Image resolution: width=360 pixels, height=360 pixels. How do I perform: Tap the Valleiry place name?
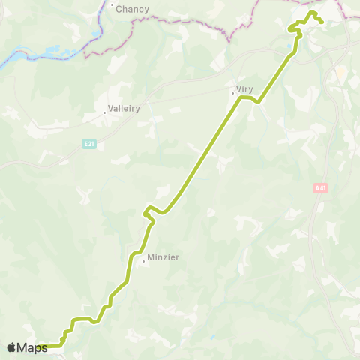[124, 108]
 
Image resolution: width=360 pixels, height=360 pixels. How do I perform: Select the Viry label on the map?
[244, 88]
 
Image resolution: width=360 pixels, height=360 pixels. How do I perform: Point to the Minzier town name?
[163, 256]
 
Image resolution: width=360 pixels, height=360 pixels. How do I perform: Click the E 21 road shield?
[88, 142]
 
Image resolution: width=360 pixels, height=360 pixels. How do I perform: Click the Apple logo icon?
[11, 347]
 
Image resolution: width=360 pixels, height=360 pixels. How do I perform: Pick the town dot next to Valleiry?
[104, 113]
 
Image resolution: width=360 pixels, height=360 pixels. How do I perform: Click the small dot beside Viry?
[232, 94]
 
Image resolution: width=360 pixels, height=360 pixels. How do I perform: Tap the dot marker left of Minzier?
[143, 261]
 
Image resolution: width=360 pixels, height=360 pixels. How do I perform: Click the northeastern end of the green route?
[322, 22]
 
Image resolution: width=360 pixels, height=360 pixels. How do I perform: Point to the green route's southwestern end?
[43, 346]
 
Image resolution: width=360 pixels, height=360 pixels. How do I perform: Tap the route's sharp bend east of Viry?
[258, 102]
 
